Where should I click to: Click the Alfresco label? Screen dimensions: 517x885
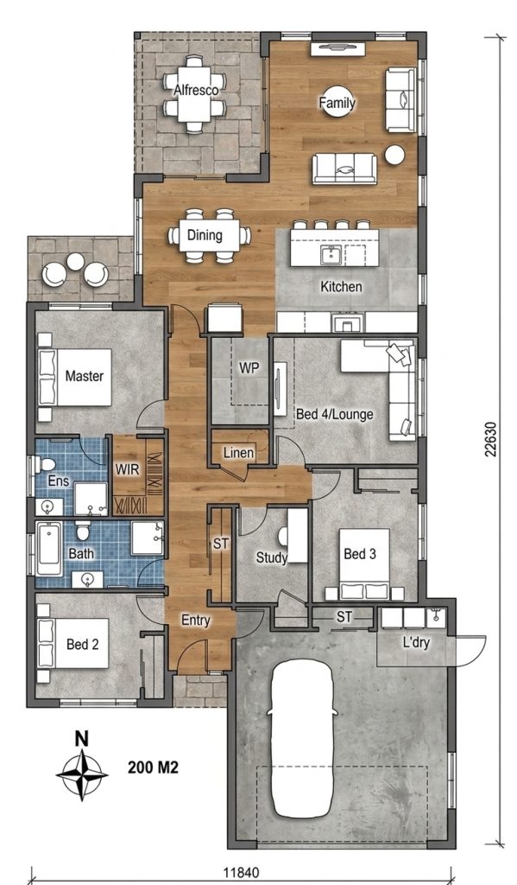click(x=196, y=90)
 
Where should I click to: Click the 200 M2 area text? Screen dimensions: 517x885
click(x=154, y=767)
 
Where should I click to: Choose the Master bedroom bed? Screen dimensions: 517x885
click(x=75, y=377)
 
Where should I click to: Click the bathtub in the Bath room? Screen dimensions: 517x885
click(x=49, y=549)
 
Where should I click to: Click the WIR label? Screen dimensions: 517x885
click(x=127, y=469)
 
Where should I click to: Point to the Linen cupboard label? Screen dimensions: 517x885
click(x=238, y=452)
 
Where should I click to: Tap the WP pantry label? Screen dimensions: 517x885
click(x=249, y=368)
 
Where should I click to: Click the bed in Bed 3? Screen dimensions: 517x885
click(x=365, y=563)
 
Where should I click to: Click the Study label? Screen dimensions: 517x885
click(x=272, y=557)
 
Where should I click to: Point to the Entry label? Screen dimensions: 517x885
click(x=196, y=621)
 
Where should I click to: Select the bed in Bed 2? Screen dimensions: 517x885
click(x=73, y=643)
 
